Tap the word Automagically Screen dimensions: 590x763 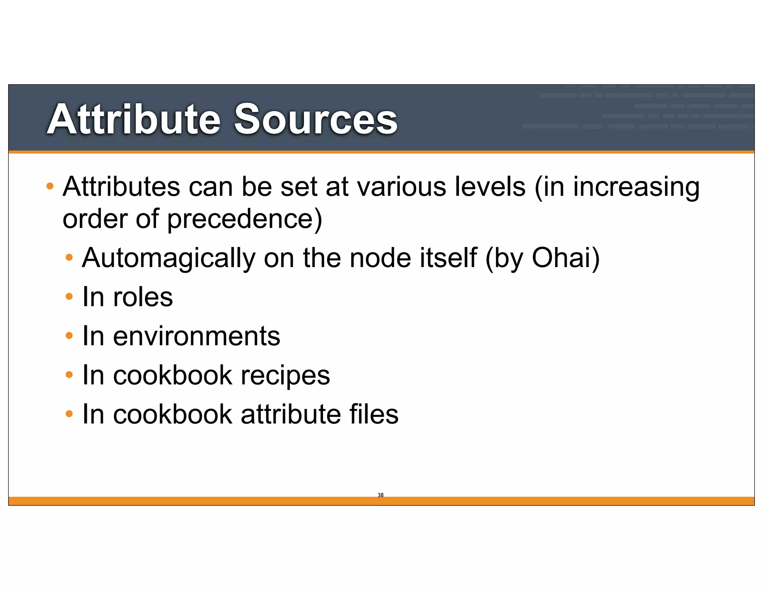tap(169, 258)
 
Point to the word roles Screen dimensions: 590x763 tap(143, 297)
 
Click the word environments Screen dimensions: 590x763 tap(196, 336)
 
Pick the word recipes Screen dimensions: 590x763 tap(285, 376)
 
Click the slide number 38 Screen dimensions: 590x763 tap(380, 495)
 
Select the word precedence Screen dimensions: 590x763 tap(244, 219)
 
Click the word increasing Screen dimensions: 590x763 tap(636, 187)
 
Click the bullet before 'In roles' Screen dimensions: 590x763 tap(69, 297)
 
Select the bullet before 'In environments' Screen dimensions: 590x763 tap(69, 336)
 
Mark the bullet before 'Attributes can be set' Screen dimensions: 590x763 tap(50, 186)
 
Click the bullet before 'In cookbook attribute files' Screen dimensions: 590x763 tap(69, 414)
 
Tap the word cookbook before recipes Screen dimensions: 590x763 tap(172, 375)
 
